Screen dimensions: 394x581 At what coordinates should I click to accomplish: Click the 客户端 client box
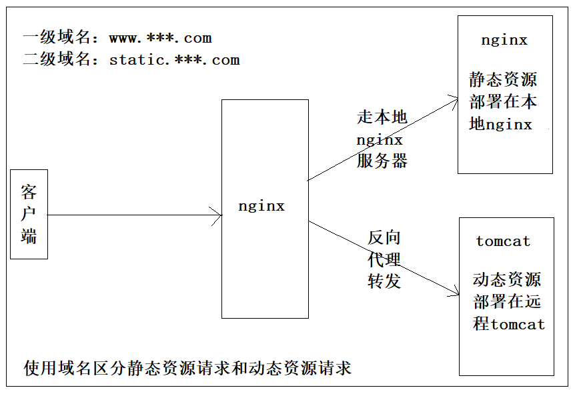point(29,214)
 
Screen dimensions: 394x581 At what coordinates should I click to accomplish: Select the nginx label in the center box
point(261,206)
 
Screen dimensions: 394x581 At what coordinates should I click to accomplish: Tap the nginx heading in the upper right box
point(504,40)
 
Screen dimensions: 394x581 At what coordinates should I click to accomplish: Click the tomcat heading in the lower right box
point(503,241)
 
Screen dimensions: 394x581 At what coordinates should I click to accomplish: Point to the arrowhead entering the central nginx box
point(216,215)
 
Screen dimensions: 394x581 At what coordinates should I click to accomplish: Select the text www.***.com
point(160,38)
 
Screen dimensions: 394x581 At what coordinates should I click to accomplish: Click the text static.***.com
point(174,60)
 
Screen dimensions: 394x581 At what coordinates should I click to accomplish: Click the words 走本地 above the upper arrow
point(382,118)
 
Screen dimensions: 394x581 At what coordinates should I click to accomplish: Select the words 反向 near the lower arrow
point(384,238)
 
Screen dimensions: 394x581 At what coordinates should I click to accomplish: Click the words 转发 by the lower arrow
point(384,281)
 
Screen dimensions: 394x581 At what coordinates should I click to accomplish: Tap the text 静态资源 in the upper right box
point(503,81)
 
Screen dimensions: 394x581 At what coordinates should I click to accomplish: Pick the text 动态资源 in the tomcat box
point(507,279)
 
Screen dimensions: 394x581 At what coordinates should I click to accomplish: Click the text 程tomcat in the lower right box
point(509,325)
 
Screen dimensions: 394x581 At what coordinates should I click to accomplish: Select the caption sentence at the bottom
point(187,368)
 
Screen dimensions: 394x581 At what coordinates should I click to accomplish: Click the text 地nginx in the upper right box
point(500,125)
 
